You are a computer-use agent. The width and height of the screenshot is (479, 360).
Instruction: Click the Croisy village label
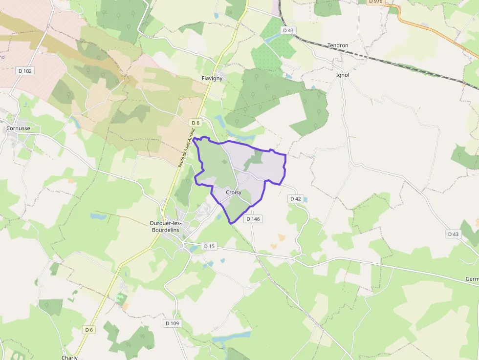click(234, 192)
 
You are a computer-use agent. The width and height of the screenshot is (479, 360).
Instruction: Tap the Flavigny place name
click(212, 78)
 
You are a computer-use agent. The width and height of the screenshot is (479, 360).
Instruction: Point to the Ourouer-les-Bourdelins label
click(165, 226)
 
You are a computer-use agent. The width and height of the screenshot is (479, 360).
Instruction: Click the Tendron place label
click(338, 45)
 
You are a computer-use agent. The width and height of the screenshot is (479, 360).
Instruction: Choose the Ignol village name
click(343, 75)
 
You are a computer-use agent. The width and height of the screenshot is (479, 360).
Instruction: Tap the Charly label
click(69, 357)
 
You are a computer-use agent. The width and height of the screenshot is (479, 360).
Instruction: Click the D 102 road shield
click(25, 71)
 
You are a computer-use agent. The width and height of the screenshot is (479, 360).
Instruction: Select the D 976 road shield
click(376, 2)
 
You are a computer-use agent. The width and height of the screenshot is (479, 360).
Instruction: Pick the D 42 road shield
click(296, 199)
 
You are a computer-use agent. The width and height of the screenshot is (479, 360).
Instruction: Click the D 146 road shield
click(253, 219)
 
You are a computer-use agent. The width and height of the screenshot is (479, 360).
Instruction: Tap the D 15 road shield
click(209, 246)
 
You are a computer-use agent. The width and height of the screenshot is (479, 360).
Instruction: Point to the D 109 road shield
click(173, 323)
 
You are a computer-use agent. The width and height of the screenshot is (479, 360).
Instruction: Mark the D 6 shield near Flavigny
click(196, 123)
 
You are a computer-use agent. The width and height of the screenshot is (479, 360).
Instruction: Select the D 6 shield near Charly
click(88, 330)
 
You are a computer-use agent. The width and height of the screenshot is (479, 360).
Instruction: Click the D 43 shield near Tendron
click(288, 30)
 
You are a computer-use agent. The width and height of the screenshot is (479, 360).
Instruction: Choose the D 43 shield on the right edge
click(454, 234)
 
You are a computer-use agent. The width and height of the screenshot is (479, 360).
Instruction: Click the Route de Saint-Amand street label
click(187, 148)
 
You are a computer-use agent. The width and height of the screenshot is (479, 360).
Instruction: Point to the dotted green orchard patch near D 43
click(276, 46)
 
